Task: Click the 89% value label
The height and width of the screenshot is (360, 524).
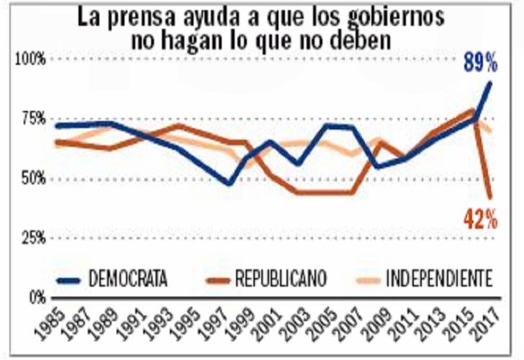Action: click(x=479, y=63)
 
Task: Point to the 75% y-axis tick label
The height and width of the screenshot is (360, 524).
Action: click(x=33, y=119)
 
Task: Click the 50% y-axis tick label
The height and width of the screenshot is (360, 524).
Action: click(x=33, y=178)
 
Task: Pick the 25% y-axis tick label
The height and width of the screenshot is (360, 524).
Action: click(x=33, y=237)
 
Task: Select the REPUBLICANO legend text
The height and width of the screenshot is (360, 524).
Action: click(x=280, y=277)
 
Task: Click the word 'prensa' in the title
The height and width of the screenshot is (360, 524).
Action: click(x=150, y=16)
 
